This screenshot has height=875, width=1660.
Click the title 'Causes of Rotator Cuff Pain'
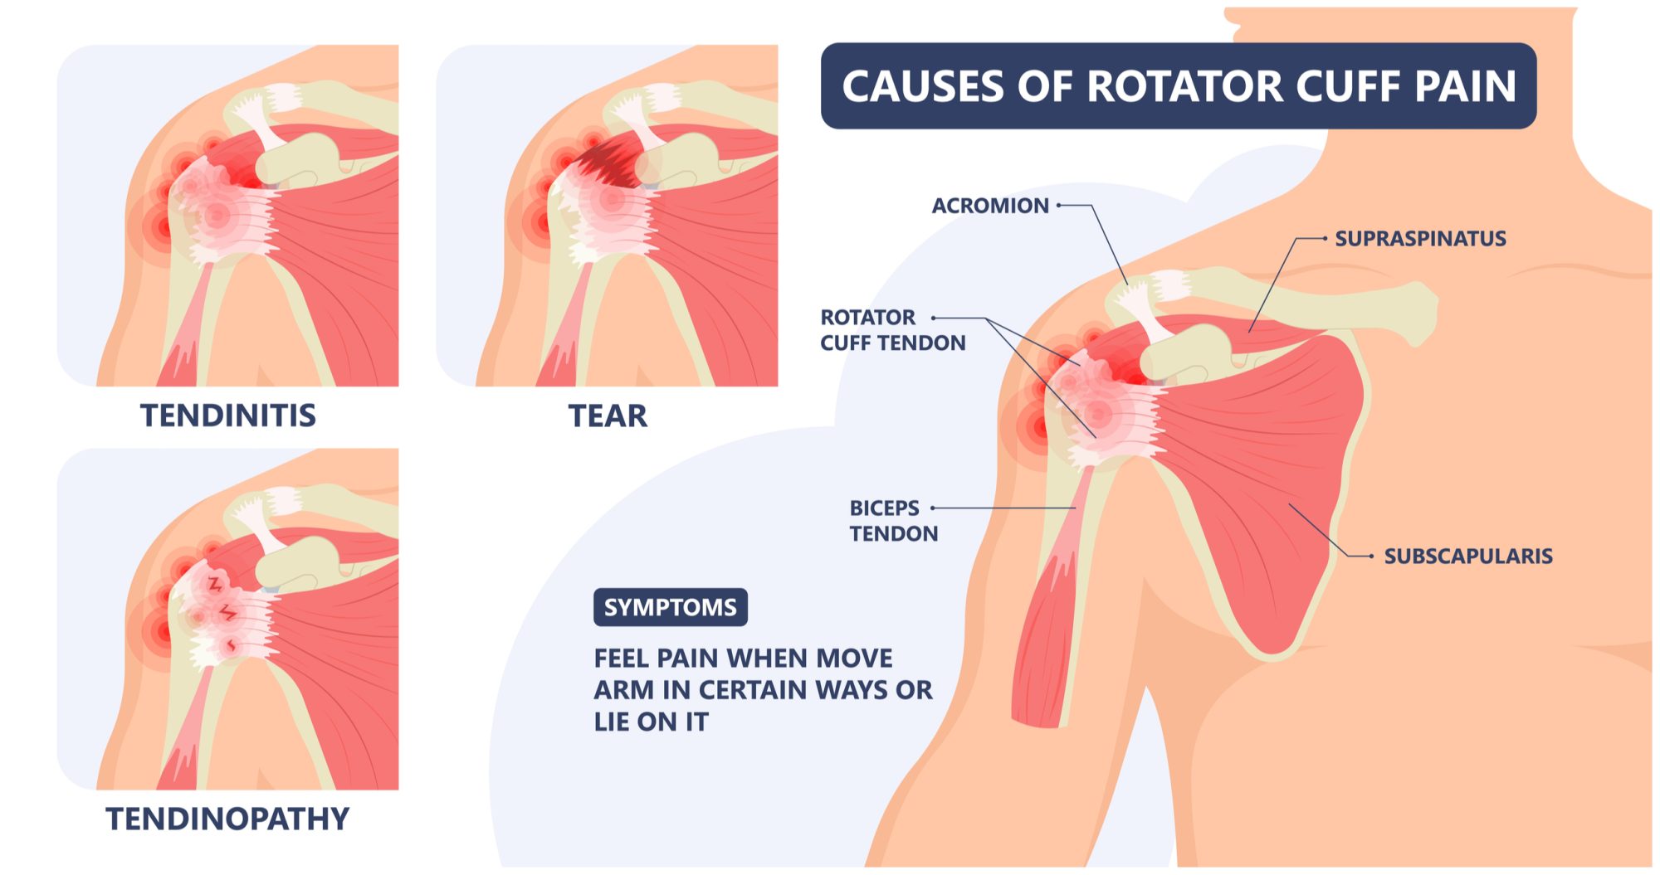[1179, 86]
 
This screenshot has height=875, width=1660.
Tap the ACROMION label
[990, 206]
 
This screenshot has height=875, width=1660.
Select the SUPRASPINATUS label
[1420, 239]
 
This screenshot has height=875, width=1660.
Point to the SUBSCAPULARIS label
[1467, 556]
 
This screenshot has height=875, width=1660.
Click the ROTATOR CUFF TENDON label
[893, 330]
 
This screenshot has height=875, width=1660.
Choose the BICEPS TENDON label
[894, 521]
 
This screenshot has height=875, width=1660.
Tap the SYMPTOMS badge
[671, 607]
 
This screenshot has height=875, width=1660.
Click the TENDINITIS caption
[228, 415]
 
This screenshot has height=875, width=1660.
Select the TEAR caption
[608, 416]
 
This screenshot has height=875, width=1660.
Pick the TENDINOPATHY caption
[227, 819]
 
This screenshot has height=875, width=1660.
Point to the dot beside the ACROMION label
[1059, 205]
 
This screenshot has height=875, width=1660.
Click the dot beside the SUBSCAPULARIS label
[1371, 556]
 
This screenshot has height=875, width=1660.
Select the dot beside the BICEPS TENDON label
[933, 508]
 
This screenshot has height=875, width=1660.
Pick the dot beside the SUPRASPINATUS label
[1325, 238]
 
